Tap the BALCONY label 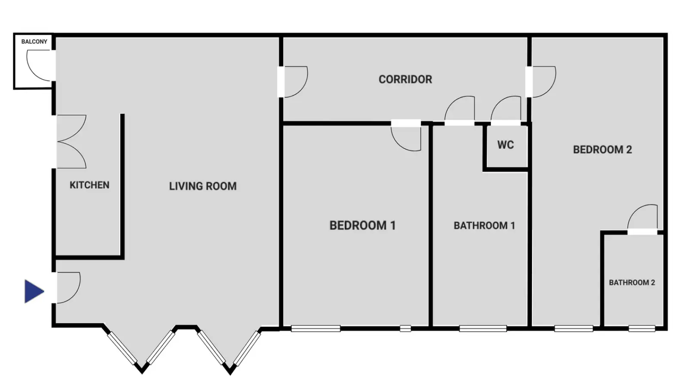34,42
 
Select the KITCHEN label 90,185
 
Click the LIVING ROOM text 203,186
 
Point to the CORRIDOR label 405,79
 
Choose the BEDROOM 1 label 362,226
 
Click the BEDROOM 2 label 602,150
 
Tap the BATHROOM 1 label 484,226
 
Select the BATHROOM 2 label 632,283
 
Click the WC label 505,145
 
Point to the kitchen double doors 71,142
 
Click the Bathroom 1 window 483,329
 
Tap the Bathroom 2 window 642,329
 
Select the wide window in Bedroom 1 316,329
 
